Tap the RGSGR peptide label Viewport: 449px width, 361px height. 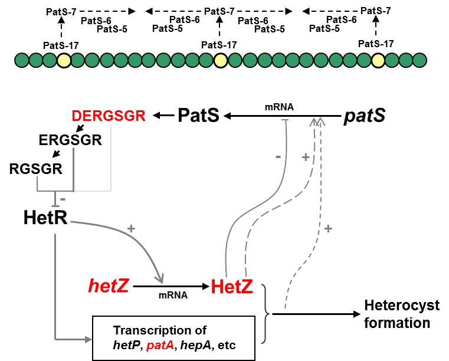[36, 169]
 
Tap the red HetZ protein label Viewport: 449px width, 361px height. [232, 287]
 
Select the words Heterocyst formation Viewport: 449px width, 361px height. [402, 314]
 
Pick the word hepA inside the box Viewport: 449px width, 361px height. [195, 343]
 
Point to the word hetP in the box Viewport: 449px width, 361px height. [126, 343]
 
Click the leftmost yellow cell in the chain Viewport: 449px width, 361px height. [64, 60]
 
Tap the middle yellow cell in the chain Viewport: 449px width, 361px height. [220, 60]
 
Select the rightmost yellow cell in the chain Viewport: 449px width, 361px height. [378, 60]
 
